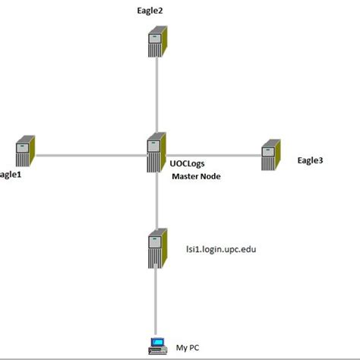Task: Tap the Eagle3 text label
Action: coord(310,160)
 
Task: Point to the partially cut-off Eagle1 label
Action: coord(10,174)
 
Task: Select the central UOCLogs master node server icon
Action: coord(156,153)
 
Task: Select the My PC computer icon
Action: coord(156,346)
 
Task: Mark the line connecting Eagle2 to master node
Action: coord(156,95)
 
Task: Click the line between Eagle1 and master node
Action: coord(91,155)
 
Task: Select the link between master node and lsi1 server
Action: coord(156,201)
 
